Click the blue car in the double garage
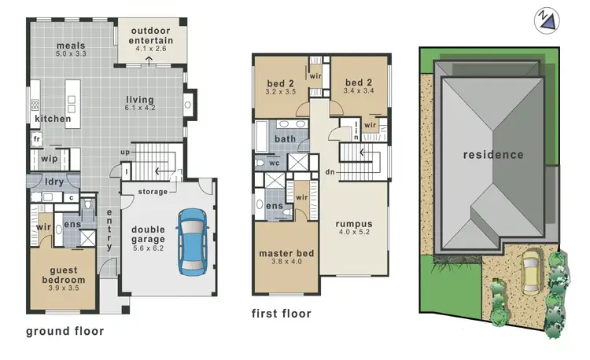click(x=190, y=241)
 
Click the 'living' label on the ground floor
click(x=142, y=100)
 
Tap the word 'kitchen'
click(x=53, y=119)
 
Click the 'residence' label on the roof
click(x=492, y=155)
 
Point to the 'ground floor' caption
click(x=65, y=331)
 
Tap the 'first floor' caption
click(x=282, y=314)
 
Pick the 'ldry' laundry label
click(x=54, y=182)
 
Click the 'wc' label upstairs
click(x=275, y=163)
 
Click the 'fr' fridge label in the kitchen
click(x=36, y=138)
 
